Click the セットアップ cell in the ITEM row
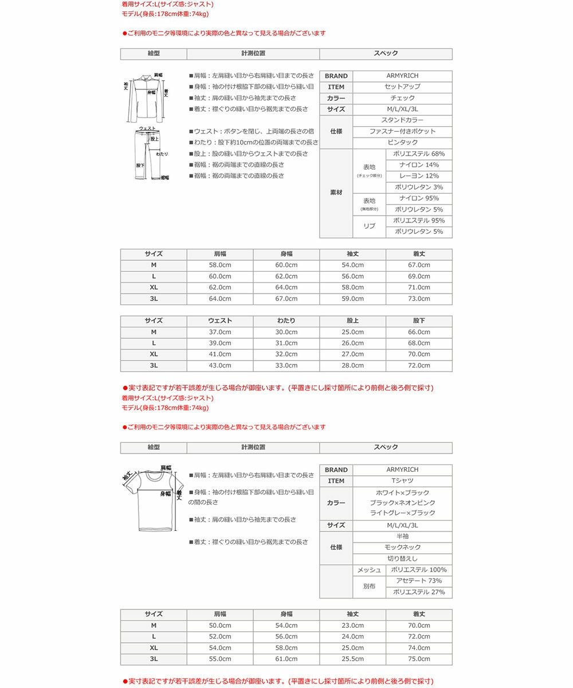click(402, 87)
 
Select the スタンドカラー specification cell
click(402, 120)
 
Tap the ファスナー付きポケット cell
click(402, 131)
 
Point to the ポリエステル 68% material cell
click(419, 154)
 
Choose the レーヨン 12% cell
click(419, 176)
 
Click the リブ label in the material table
click(369, 226)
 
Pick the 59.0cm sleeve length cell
click(352, 299)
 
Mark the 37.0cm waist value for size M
click(220, 332)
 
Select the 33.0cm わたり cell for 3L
click(286, 365)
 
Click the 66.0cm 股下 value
click(419, 332)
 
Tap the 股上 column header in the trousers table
click(352, 320)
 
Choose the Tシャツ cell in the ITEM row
click(402, 481)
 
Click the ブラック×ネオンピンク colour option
click(402, 503)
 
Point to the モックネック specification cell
click(402, 548)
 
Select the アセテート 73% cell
click(419, 581)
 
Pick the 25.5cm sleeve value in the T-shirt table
click(352, 659)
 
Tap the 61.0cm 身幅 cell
click(286, 659)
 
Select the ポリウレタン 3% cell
click(419, 187)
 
